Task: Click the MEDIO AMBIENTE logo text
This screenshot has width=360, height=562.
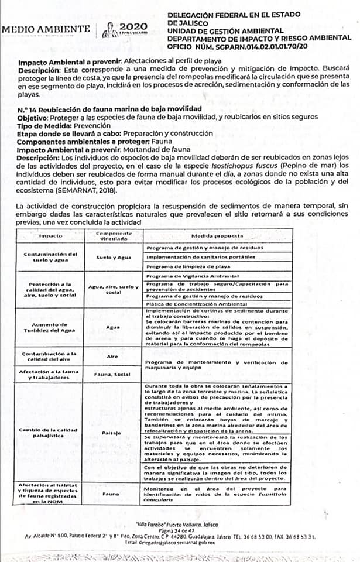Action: (46, 29)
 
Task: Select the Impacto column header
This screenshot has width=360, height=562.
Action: (50, 236)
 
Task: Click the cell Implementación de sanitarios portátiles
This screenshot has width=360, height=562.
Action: (200, 257)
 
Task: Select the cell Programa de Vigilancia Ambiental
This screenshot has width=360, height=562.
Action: (189, 276)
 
